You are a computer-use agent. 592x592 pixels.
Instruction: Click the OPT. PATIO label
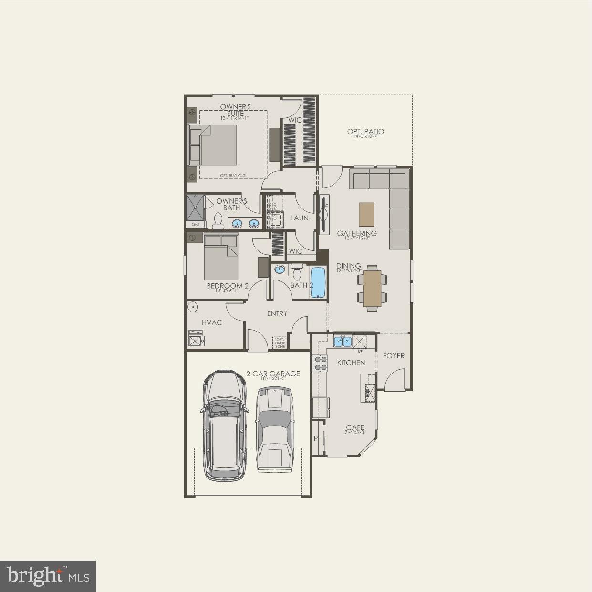[x=365, y=132]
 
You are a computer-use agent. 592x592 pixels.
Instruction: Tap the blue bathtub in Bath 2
[x=318, y=282]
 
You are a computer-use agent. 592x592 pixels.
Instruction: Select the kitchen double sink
[x=343, y=341]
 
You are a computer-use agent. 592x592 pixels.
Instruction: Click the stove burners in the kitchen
[x=320, y=364]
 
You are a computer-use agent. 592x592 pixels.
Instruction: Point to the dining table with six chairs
[x=372, y=289]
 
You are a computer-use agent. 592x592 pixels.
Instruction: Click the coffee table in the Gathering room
[x=366, y=215]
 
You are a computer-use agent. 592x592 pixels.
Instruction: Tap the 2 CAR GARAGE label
[x=273, y=374]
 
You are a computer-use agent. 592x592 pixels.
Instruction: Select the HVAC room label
[x=212, y=322]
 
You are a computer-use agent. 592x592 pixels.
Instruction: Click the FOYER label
[x=394, y=355]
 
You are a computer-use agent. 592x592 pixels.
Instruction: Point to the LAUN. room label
[x=301, y=218]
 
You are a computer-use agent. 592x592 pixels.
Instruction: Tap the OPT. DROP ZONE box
[x=280, y=343]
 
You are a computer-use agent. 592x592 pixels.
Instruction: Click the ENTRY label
[x=277, y=313]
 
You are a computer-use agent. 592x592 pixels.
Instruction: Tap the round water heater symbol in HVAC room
[x=193, y=307]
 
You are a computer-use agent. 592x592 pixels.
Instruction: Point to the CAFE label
[x=355, y=428]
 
